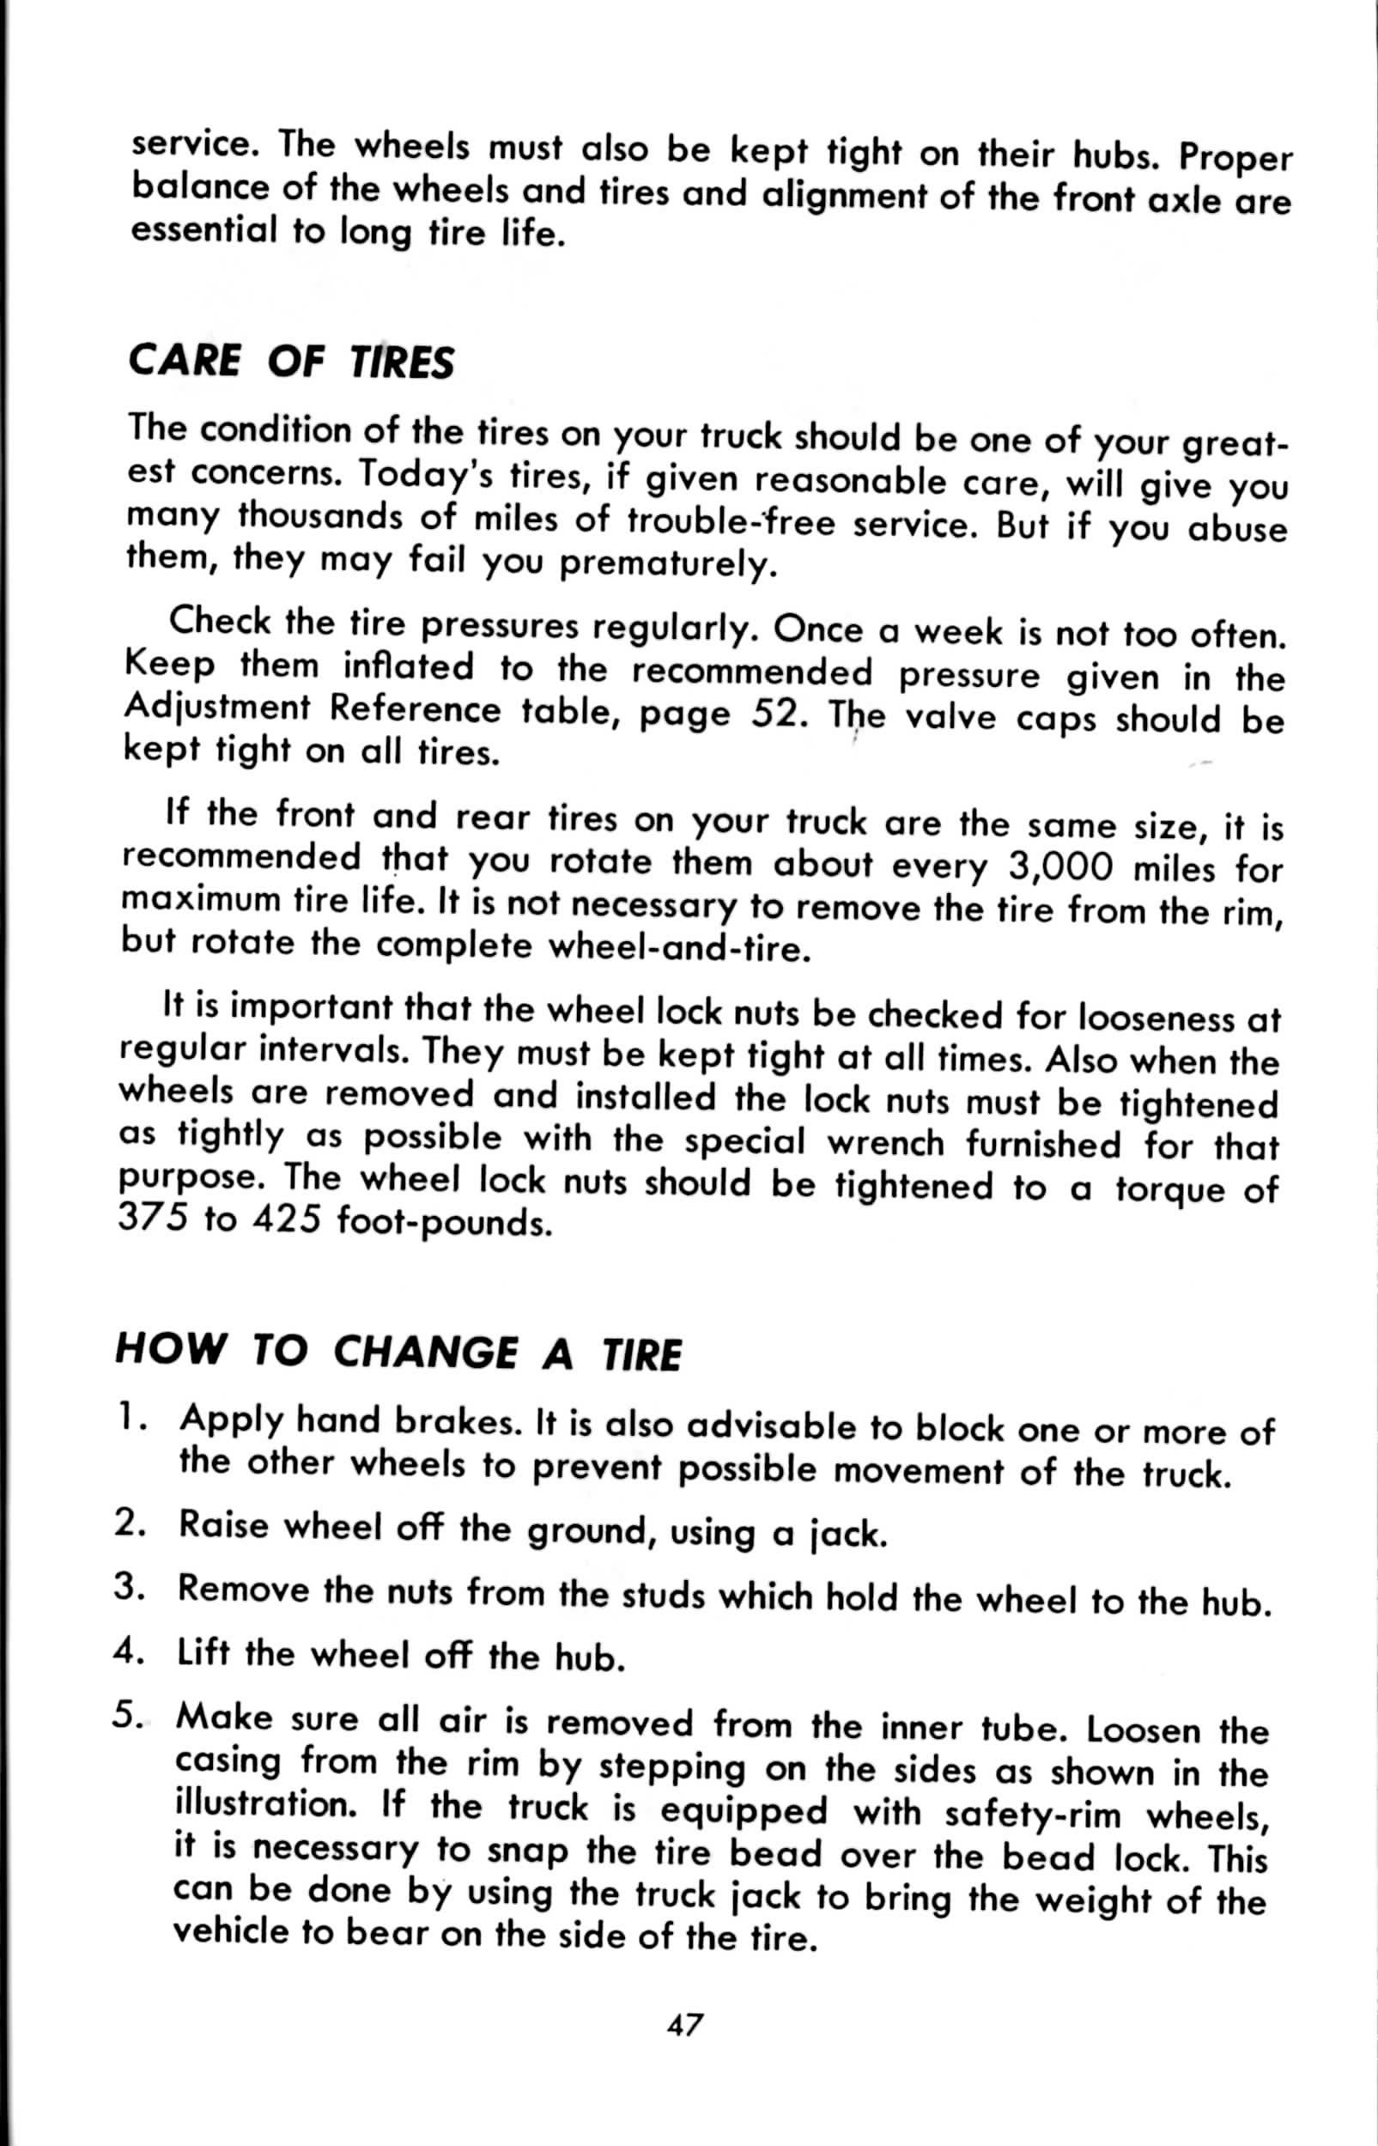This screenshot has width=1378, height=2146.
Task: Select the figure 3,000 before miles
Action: click(1059, 866)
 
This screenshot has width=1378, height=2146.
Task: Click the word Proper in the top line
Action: click(1236, 159)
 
